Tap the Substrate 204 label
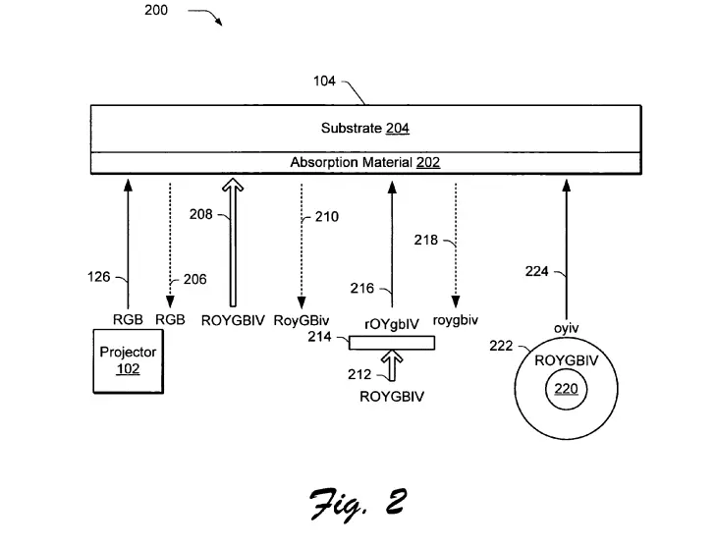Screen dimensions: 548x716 (x=364, y=128)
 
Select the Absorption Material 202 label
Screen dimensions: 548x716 (x=364, y=162)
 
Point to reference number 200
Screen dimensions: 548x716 (x=155, y=11)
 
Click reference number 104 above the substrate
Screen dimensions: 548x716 (x=325, y=82)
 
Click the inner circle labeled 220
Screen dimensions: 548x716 (x=566, y=389)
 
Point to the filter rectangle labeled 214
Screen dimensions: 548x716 (x=392, y=342)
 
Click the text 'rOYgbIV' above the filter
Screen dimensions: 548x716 (x=392, y=321)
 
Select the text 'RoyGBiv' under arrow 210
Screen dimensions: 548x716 (x=302, y=320)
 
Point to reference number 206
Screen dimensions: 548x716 (x=194, y=279)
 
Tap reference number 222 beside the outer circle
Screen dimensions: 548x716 (x=501, y=346)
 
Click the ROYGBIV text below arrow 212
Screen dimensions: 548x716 (x=392, y=397)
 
